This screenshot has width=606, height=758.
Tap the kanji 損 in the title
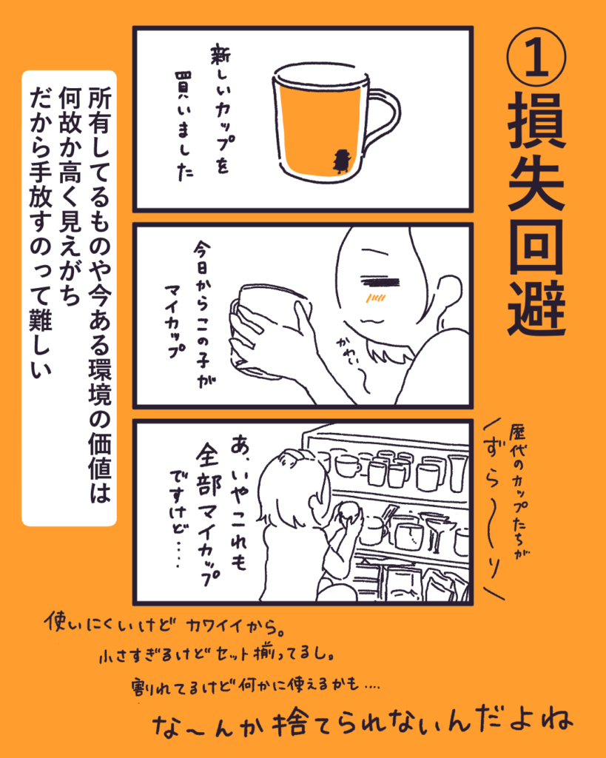tap(536, 121)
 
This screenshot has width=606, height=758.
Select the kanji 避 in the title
tap(536, 308)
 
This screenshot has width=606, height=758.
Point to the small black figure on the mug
tap(342, 160)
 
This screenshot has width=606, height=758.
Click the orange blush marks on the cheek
tap(375, 299)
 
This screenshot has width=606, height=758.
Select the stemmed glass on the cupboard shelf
tap(435, 530)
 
